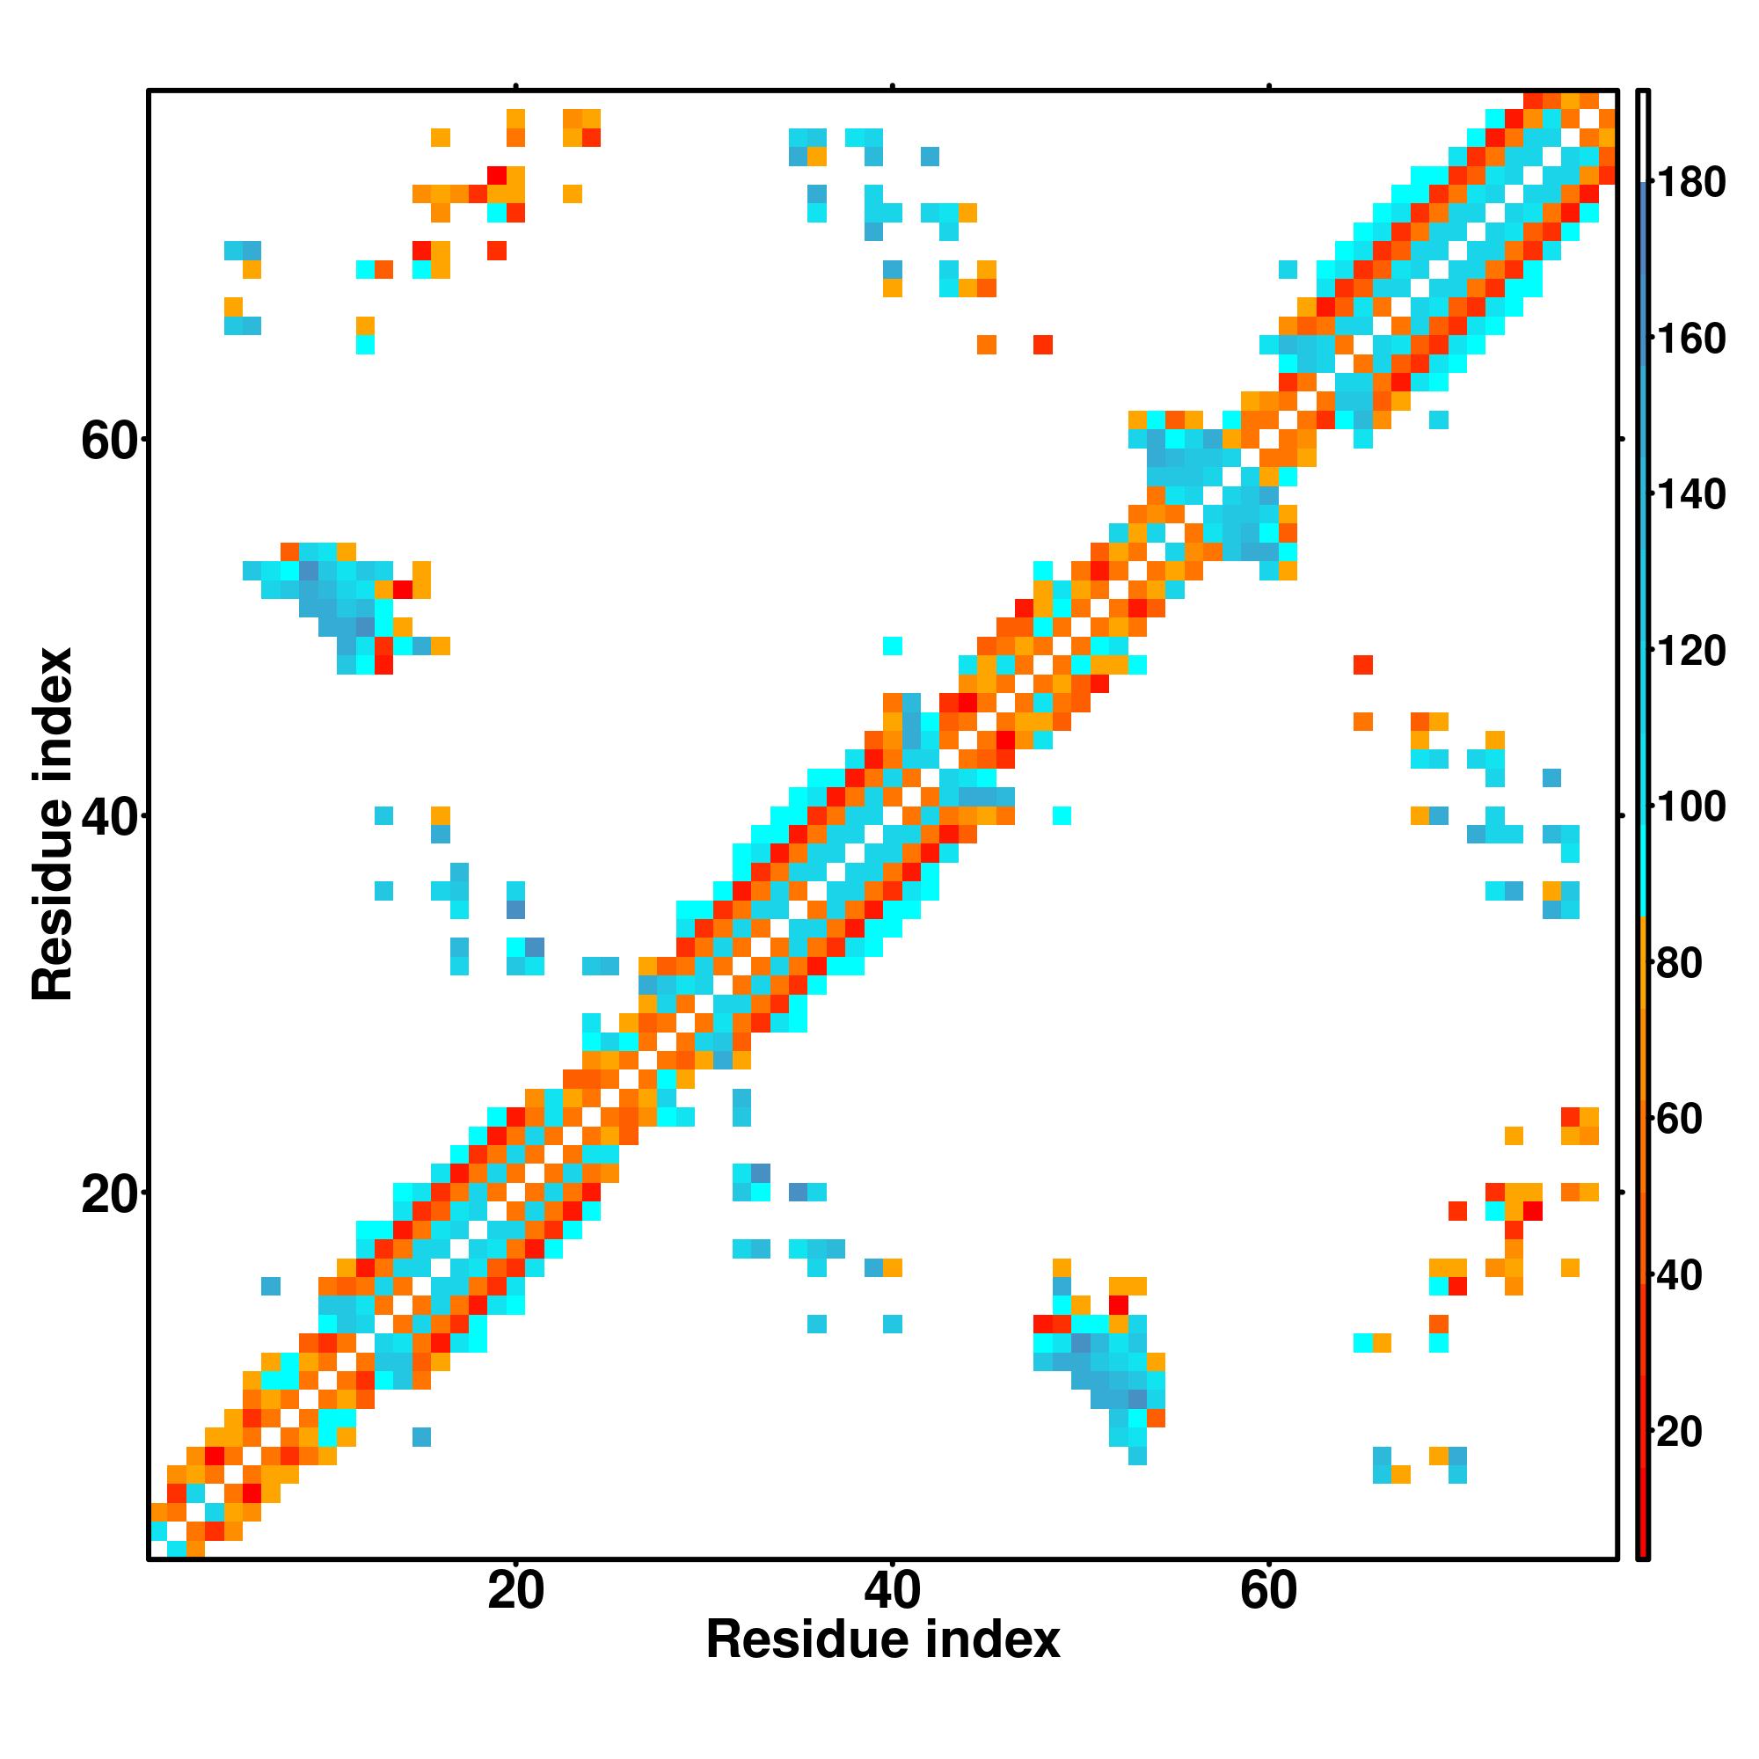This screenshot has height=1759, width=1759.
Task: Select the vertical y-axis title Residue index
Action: (52, 824)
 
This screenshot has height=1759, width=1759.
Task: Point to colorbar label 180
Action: (1690, 183)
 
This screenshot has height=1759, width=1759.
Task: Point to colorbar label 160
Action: (1690, 339)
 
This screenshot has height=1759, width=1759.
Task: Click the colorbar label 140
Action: (1690, 495)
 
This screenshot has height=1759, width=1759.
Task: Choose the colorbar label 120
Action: (1690, 652)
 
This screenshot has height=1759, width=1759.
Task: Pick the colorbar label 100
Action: (1690, 807)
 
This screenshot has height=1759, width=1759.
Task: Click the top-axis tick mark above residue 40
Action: (892, 86)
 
